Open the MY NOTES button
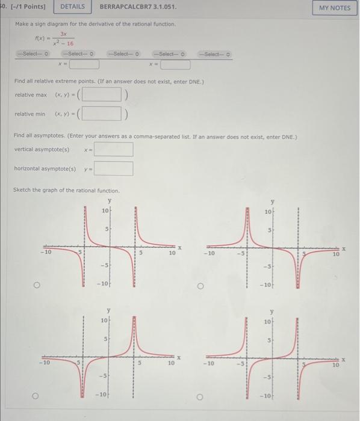pyautogui.click(x=335, y=8)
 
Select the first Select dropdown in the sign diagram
pyautogui.click(x=35, y=54)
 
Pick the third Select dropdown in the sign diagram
pyautogui.click(x=123, y=54)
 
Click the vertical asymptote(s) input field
pyautogui.click(x=113, y=149)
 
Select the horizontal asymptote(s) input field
pyautogui.click(x=113, y=168)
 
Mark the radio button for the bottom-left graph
pyautogui.click(x=36, y=396)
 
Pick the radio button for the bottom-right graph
pyautogui.click(x=201, y=396)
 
